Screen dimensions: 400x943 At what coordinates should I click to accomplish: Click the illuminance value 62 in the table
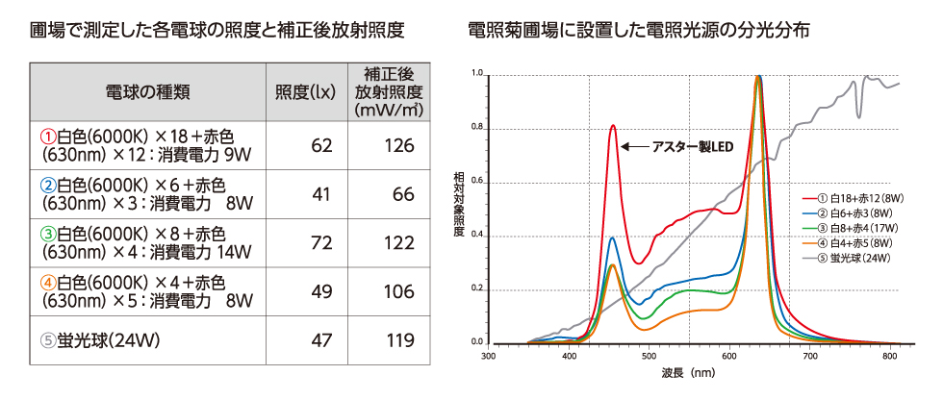point(321,145)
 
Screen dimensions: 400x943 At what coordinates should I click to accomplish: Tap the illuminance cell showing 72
point(321,243)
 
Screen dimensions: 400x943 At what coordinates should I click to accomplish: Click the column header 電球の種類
point(147,92)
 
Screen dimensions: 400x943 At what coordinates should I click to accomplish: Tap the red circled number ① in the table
point(48,135)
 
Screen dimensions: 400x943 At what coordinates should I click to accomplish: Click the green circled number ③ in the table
point(48,233)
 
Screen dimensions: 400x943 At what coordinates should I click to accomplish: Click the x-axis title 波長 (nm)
point(688,372)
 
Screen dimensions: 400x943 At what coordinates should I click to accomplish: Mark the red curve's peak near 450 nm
point(612,126)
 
